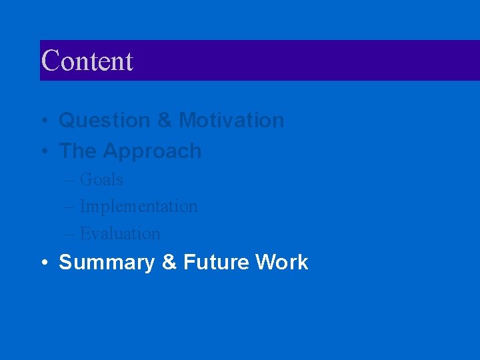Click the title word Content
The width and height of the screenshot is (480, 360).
(x=87, y=61)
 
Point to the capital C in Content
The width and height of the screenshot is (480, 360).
(x=49, y=61)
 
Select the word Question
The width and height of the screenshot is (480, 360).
(x=105, y=121)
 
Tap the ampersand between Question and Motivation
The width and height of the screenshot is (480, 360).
(x=164, y=121)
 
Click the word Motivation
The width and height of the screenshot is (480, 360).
(x=231, y=121)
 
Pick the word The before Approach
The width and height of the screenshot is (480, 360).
(x=77, y=151)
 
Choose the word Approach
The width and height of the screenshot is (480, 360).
(x=152, y=152)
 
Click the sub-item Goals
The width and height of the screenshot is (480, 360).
(x=101, y=180)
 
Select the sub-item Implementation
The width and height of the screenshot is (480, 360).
(x=139, y=207)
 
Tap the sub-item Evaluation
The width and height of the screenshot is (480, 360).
(x=120, y=234)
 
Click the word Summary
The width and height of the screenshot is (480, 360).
(x=107, y=263)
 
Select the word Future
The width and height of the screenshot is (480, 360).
(x=215, y=263)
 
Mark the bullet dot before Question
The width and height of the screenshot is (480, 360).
(x=43, y=121)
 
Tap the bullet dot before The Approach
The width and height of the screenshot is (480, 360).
(x=43, y=152)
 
